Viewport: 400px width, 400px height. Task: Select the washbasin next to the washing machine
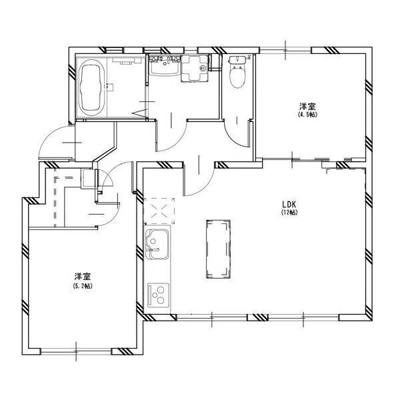tap(165, 66)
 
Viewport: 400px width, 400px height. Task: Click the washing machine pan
tap(195, 68)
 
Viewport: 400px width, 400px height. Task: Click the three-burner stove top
tap(158, 295)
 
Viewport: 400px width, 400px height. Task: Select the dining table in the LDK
tap(219, 249)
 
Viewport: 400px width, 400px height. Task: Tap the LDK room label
tap(289, 205)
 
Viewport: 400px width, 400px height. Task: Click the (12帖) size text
tap(289, 212)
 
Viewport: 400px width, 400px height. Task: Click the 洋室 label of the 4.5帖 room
tap(307, 107)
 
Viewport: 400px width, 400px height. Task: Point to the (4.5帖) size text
tap(307, 115)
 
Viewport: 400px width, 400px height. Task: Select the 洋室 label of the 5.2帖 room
tap(83, 277)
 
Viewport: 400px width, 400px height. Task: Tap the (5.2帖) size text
tap(83, 286)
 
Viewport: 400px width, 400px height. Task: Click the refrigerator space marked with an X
tap(159, 211)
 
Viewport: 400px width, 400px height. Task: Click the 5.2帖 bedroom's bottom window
tap(76, 351)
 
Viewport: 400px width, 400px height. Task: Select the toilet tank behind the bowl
tap(237, 60)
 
